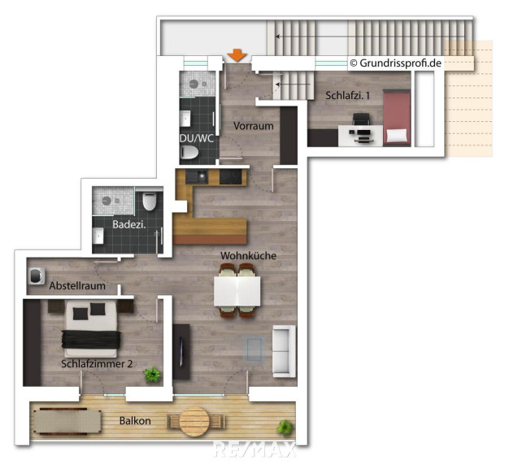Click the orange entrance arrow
pyautogui.click(x=237, y=55)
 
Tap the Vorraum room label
pyautogui.click(x=254, y=126)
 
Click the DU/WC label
pyautogui.click(x=197, y=138)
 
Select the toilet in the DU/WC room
pyautogui.click(x=190, y=152)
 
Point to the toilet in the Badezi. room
pyautogui.click(x=150, y=201)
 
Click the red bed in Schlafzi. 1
pyautogui.click(x=397, y=118)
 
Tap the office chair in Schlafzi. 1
pyautogui.click(x=361, y=119)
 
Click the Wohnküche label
pyautogui.click(x=248, y=256)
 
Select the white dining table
pyautogui.click(x=237, y=291)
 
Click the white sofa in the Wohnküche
pyautogui.click(x=285, y=351)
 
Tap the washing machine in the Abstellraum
pyautogui.click(x=37, y=276)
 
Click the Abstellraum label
pyautogui.click(x=77, y=286)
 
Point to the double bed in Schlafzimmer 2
pyautogui.click(x=91, y=328)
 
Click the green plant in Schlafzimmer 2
pyautogui.click(x=152, y=375)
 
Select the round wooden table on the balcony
pyautogui.click(x=195, y=422)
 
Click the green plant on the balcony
pyautogui.click(x=285, y=427)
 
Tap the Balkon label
pyautogui.click(x=135, y=421)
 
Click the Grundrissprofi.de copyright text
pyautogui.click(x=396, y=63)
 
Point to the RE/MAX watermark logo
pyautogui.click(x=255, y=450)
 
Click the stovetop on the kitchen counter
pyautogui.click(x=230, y=177)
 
